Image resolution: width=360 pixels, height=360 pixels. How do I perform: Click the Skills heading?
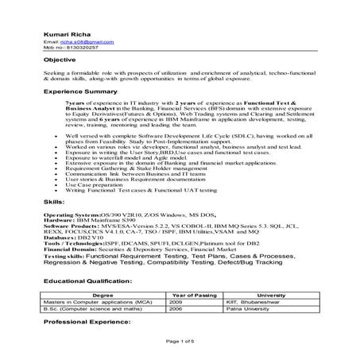coord(54,204)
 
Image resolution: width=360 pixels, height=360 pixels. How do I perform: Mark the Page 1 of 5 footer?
coord(180,343)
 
